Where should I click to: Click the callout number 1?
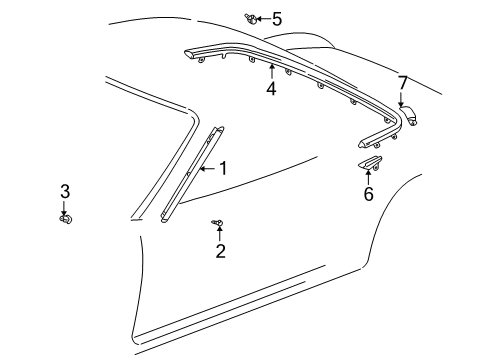[x=223, y=168]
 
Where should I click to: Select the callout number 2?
[x=220, y=251]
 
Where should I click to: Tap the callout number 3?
[x=65, y=191]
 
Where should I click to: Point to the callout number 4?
[x=271, y=89]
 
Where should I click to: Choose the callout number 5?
[x=277, y=19]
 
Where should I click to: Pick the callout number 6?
[x=368, y=194]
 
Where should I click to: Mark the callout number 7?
[x=403, y=83]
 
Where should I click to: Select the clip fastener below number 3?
[x=66, y=219]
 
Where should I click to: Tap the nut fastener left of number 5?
[x=251, y=19]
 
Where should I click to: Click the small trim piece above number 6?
[x=370, y=162]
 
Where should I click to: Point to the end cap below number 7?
[x=409, y=115]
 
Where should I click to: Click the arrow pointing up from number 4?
[x=272, y=71]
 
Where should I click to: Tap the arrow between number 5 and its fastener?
[x=263, y=19]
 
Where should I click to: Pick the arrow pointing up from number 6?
[x=368, y=177]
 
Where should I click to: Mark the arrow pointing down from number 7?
[x=401, y=99]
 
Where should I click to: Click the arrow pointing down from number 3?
[x=63, y=208]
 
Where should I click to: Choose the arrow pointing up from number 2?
[x=220, y=233]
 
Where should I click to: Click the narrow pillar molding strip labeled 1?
[x=192, y=174]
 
